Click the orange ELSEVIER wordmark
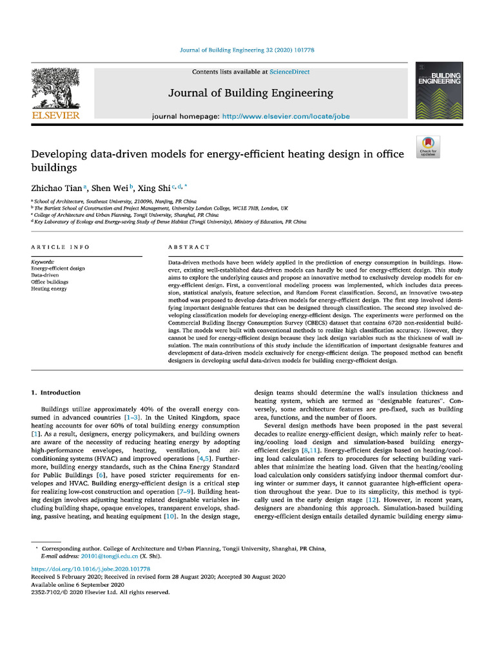55,116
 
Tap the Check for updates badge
428,147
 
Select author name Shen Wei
110,188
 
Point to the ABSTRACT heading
189,247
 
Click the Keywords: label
43,262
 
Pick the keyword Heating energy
49,289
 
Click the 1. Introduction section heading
56,392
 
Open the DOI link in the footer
91,569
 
